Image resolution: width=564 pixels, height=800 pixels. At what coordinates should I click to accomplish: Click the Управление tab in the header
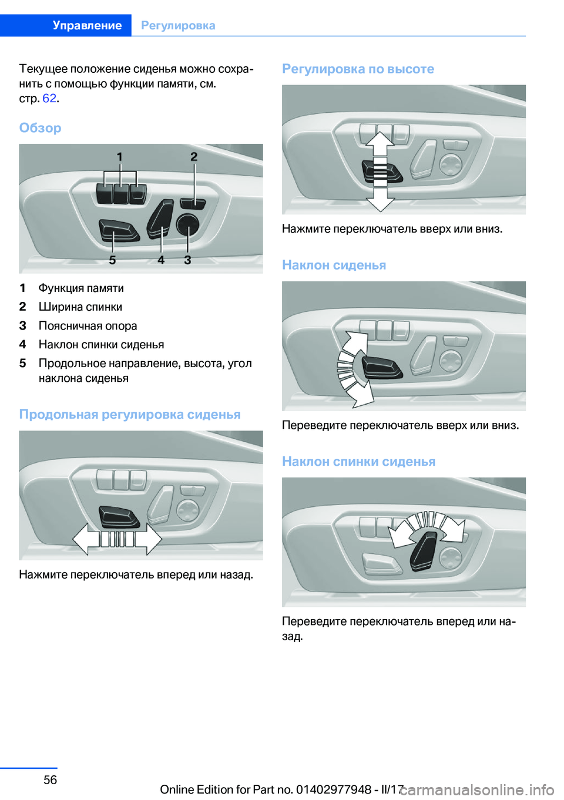click(87, 25)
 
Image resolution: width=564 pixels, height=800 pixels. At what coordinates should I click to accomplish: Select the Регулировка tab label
click(178, 25)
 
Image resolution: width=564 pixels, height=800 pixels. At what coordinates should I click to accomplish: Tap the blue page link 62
click(49, 98)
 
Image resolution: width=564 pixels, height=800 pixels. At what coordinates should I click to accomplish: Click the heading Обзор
click(40, 127)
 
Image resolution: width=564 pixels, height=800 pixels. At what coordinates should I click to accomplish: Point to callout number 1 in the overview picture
click(120, 157)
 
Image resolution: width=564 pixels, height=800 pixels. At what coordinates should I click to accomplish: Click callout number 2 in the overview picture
click(194, 156)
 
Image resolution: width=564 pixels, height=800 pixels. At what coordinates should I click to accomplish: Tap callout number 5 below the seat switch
click(112, 260)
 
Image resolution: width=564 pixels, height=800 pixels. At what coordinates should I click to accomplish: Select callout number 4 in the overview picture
click(161, 260)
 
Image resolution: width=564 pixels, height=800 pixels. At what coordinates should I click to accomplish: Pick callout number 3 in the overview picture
click(187, 260)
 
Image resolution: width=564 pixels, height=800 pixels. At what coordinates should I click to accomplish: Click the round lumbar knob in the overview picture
click(187, 224)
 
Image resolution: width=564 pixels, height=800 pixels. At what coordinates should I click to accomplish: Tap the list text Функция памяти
click(81, 288)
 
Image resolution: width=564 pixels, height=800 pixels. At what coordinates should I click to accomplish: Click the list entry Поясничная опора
click(88, 325)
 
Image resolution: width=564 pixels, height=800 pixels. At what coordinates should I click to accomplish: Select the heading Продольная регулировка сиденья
click(130, 414)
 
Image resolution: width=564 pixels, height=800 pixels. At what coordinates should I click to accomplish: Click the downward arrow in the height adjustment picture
click(381, 200)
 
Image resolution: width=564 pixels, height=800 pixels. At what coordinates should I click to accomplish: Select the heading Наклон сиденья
click(334, 265)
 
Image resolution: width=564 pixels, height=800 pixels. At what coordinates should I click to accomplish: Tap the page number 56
click(51, 779)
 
